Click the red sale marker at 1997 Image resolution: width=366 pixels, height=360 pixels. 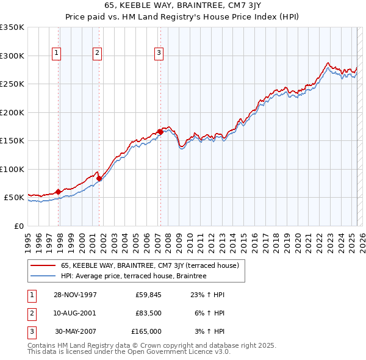pyautogui.click(x=59, y=192)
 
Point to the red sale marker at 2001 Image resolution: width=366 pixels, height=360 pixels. pyautogui.click(x=99, y=178)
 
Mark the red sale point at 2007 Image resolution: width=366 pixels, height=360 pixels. pyautogui.click(x=160, y=132)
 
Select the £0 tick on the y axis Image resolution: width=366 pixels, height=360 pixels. pyautogui.click(x=20, y=226)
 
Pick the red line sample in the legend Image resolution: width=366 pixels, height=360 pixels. pyautogui.click(x=43, y=265)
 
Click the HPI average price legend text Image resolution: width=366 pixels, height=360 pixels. pyautogui.click(x=134, y=276)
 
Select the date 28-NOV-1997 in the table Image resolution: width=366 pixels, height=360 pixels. pyautogui.click(x=76, y=295)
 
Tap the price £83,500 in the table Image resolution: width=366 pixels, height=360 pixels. pyautogui.click(x=148, y=313)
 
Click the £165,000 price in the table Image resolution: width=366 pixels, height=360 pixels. pyautogui.click(x=146, y=331)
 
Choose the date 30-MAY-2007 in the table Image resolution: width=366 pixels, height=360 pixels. pyautogui.click(x=76, y=331)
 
